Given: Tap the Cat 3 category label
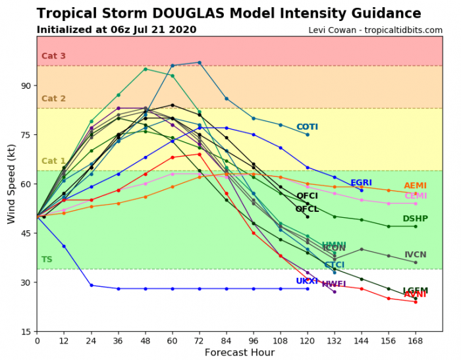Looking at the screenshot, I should [53, 56].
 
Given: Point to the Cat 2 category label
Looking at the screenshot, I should [53, 99].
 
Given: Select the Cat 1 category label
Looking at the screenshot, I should [53, 161].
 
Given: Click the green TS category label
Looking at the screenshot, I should [47, 259].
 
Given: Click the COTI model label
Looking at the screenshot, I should [307, 127].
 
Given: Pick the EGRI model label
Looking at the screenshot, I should [362, 183].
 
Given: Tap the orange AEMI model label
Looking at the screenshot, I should [415, 186].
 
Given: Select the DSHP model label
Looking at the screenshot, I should [415, 219].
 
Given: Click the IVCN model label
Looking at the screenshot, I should [415, 255].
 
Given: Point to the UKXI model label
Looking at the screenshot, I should [307, 281].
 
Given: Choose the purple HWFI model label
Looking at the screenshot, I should [334, 284].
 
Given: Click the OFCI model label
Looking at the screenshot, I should [307, 196].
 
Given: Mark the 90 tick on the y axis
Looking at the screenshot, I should [26, 86].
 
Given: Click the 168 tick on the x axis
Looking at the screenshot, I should [415, 340].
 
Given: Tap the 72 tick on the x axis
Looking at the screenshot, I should [199, 340].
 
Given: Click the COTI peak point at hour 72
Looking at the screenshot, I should [199, 63].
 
